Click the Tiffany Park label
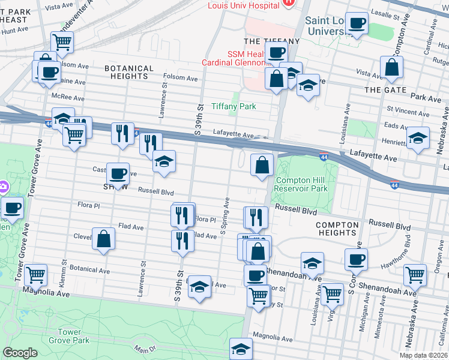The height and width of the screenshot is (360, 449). (x=234, y=106)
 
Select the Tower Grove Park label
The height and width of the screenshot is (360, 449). (x=73, y=336)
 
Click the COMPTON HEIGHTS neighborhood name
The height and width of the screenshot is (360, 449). (x=337, y=228)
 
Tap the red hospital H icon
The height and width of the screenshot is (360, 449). (x=289, y=3)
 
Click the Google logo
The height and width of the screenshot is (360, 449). (x=20, y=353)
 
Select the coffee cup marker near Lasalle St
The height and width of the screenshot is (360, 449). (x=358, y=24)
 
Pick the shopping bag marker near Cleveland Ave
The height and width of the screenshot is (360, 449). (x=104, y=239)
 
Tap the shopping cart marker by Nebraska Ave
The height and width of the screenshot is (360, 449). (x=415, y=275)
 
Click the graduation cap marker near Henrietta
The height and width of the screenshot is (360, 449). (x=418, y=138)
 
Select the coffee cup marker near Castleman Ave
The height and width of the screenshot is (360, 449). (x=118, y=174)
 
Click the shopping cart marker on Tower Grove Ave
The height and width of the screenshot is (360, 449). (x=36, y=275)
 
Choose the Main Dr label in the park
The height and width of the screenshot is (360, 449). (x=140, y=349)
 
